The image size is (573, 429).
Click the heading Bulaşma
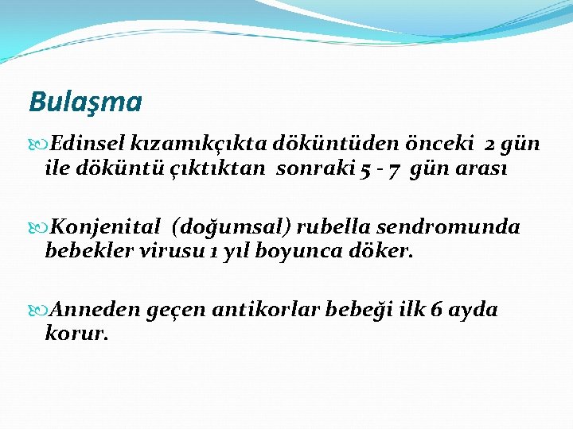pos(85,102)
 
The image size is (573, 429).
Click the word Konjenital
pos(107,227)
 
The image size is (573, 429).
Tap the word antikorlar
pos(267,310)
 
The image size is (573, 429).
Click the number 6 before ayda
pos(436,310)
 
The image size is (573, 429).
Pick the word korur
pos(76,334)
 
